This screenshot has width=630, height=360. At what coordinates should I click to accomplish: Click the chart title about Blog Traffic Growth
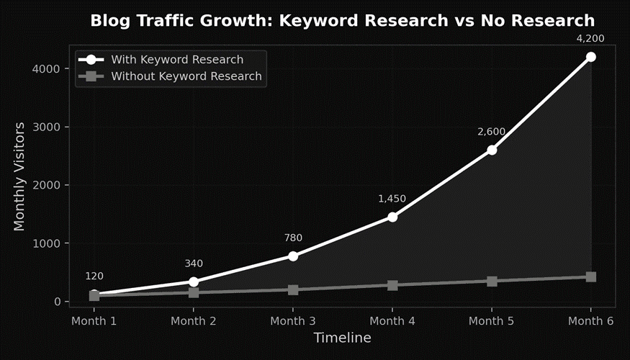tap(343, 20)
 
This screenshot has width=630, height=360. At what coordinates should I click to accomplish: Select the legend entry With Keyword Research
tap(176, 60)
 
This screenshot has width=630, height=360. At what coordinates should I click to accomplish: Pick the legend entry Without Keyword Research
tap(186, 76)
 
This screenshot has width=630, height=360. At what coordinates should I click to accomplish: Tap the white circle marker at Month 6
tap(590, 57)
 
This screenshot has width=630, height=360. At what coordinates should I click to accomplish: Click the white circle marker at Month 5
tap(492, 150)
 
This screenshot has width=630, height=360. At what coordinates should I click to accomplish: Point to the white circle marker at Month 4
tap(392, 217)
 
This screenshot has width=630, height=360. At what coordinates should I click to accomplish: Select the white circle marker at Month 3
tap(293, 256)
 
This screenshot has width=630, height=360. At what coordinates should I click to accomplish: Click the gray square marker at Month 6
tap(590, 276)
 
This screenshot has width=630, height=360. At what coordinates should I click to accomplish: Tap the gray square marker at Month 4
tap(392, 285)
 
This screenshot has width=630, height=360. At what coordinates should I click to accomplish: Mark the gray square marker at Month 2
tap(194, 292)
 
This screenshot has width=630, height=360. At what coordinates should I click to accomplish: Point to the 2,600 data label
tap(492, 132)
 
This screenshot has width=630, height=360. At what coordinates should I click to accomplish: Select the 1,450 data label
tap(392, 199)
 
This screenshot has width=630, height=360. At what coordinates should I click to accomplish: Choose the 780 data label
tap(293, 238)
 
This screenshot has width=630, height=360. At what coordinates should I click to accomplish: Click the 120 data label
tap(94, 276)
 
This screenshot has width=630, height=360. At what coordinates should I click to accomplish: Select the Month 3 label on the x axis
tap(293, 320)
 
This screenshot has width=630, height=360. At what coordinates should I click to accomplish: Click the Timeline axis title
tap(342, 338)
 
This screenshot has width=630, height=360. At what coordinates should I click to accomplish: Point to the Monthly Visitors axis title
tap(19, 176)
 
